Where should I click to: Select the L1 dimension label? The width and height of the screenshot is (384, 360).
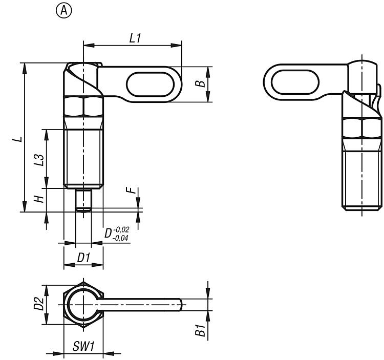click(x=136, y=38)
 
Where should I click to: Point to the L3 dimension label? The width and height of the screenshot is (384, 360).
click(x=37, y=158)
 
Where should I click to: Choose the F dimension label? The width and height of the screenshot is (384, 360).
click(x=133, y=190)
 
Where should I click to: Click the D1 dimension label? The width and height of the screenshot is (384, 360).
click(x=83, y=258)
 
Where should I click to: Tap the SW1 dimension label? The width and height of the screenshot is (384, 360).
click(x=82, y=346)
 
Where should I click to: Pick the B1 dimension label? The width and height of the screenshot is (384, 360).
click(x=202, y=331)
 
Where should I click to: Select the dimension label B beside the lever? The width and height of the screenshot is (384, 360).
click(x=202, y=83)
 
